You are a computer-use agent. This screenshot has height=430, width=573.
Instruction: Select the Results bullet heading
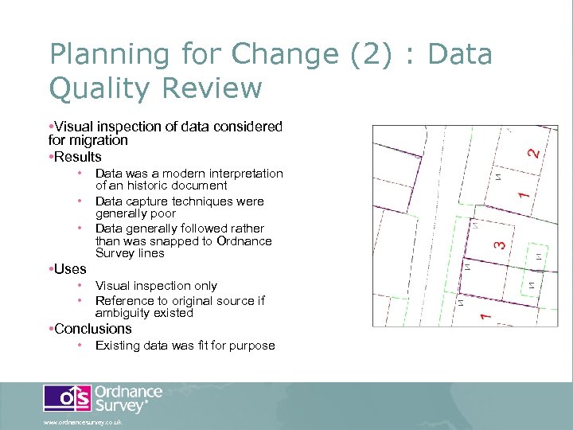[x=77, y=156]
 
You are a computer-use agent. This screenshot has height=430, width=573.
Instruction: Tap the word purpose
[x=251, y=346]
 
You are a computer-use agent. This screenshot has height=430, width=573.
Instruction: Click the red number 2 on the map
[x=533, y=149]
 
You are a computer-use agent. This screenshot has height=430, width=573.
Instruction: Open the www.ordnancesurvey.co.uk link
[x=83, y=423]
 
